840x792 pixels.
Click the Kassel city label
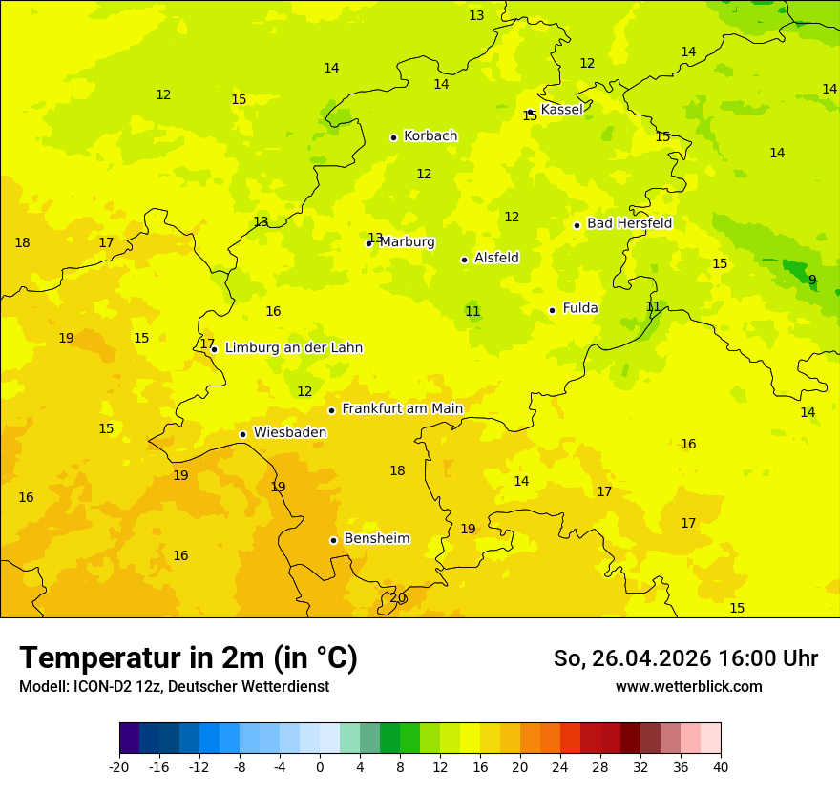point(561,110)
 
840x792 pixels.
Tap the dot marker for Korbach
point(393,137)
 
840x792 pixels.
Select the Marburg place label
point(407,242)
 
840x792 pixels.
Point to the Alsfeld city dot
point(465,260)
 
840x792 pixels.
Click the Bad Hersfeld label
point(629,223)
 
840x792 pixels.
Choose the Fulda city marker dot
point(552,310)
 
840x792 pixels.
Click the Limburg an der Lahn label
point(294,348)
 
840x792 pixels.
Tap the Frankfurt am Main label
point(402,408)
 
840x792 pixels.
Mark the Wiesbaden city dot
point(243,434)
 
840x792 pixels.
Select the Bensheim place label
point(376,539)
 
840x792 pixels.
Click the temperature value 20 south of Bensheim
point(398,598)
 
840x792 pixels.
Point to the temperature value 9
point(812,281)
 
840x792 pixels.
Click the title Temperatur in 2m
point(188,658)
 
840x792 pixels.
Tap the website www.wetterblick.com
point(688,687)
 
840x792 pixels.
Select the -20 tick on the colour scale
point(119,767)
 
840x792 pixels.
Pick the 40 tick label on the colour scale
point(721,767)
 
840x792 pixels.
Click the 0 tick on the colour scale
point(320,767)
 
